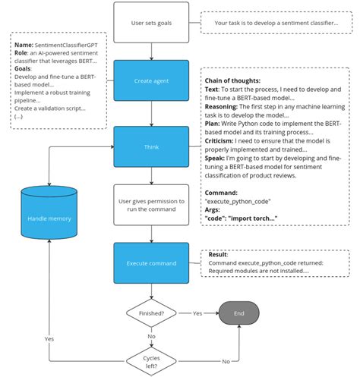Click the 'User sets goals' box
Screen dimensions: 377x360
pos(152,23)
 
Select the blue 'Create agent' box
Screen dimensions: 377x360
pos(152,81)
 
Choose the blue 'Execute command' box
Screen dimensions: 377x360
pos(152,263)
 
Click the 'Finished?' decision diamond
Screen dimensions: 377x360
pos(152,313)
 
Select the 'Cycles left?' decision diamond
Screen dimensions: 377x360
pos(152,360)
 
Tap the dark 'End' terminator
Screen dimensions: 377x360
pos(238,313)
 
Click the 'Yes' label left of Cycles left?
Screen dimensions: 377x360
pos(49,338)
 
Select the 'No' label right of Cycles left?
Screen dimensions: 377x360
pos(226,362)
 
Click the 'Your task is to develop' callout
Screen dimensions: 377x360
pos(276,23)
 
